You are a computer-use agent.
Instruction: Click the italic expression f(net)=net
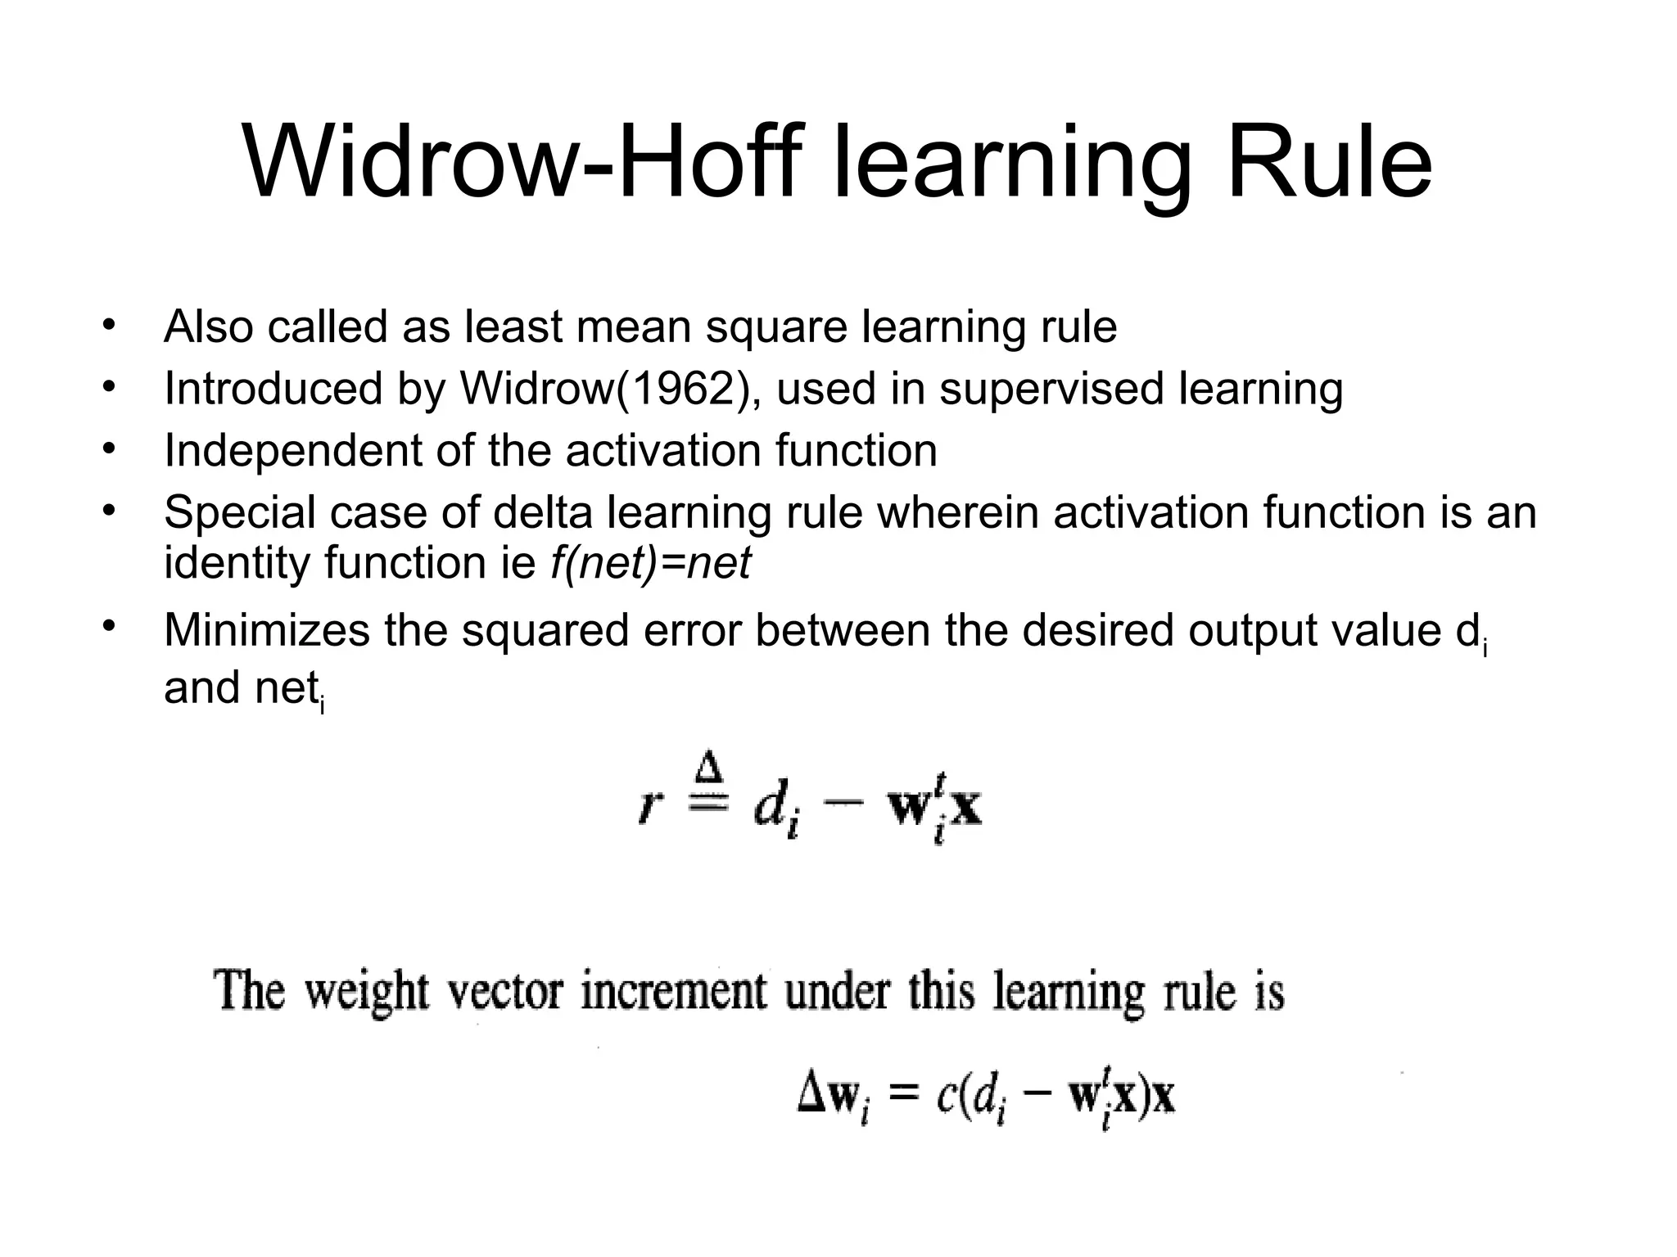pyautogui.click(x=650, y=563)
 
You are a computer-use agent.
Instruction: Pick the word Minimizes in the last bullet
pyautogui.click(x=267, y=630)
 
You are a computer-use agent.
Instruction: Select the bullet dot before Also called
pyautogui.click(x=107, y=324)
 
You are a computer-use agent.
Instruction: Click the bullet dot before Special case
pyautogui.click(x=107, y=510)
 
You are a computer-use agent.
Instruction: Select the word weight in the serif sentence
pyautogui.click(x=366, y=992)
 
